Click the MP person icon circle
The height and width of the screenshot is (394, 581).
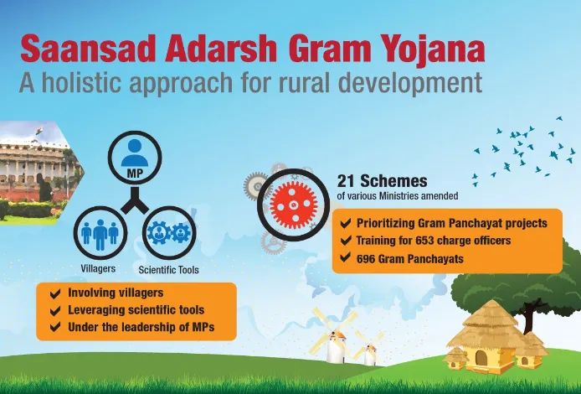[135, 158]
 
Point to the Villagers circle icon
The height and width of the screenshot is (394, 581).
[100, 233]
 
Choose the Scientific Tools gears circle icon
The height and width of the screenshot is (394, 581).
[169, 233]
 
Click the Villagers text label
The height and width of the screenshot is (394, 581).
[98, 268]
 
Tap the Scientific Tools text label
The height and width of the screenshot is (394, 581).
[168, 270]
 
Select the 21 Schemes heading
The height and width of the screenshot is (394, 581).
[382, 181]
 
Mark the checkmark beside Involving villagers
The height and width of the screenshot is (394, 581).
[55, 294]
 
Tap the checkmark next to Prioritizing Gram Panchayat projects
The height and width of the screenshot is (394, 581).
[346, 223]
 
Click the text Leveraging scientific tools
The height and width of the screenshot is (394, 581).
[136, 310]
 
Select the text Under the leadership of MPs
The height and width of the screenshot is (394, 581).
[141, 327]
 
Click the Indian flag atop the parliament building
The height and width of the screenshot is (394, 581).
[39, 131]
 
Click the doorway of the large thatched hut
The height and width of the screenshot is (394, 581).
[481, 358]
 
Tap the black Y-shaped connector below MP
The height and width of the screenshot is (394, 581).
[135, 200]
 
